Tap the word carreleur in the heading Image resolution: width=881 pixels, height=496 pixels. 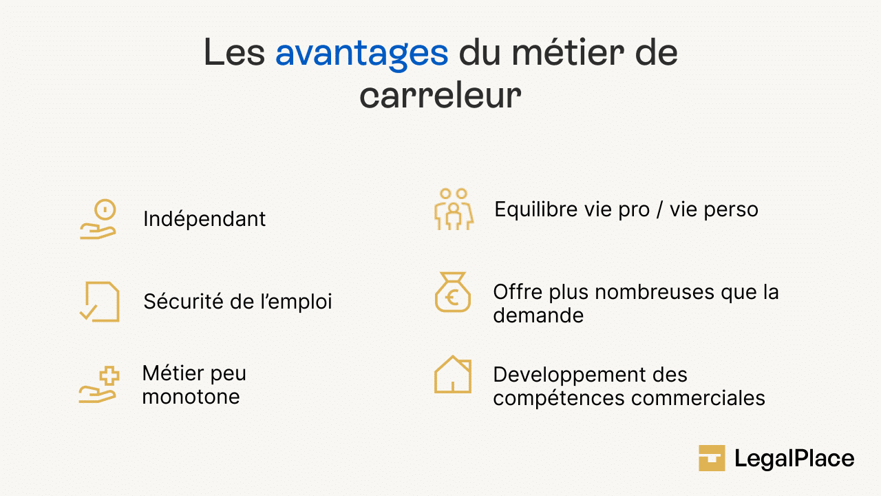click(x=440, y=96)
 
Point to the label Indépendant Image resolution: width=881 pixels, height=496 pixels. click(x=204, y=219)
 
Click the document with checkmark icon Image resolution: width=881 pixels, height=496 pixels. click(x=99, y=302)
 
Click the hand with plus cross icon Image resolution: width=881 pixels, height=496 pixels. click(x=99, y=385)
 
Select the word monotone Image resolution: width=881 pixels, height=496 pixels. click(x=191, y=397)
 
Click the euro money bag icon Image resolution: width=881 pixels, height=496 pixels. click(x=453, y=293)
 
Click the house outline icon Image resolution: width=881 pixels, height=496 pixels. click(x=453, y=375)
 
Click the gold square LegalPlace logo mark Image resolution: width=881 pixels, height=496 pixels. click(x=712, y=458)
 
